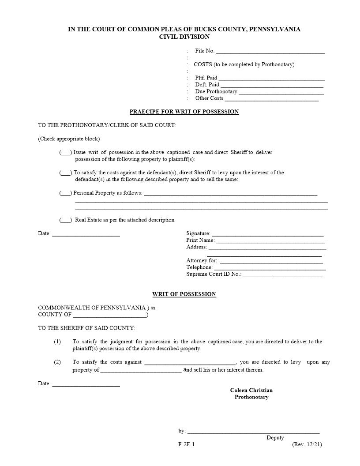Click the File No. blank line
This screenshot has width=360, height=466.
click(270, 52)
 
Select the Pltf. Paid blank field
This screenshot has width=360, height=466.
click(271, 79)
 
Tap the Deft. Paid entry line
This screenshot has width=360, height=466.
click(272, 86)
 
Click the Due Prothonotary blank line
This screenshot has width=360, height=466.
click(281, 93)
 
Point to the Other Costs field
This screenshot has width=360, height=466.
click(271, 99)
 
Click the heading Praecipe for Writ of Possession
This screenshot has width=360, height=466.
click(184, 112)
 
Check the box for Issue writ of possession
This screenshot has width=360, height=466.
click(66, 153)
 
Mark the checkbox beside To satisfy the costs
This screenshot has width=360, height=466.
click(66, 173)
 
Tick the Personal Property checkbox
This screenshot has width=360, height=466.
click(66, 193)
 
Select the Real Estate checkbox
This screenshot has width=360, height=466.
click(66, 220)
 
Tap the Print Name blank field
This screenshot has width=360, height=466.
click(270, 241)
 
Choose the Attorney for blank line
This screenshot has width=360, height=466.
click(271, 262)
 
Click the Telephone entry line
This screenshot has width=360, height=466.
click(269, 268)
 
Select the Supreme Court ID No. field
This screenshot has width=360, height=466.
click(282, 275)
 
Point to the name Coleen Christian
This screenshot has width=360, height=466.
click(251, 390)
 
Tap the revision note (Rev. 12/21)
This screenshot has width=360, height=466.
click(307, 444)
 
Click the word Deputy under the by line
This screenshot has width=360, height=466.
click(275, 438)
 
